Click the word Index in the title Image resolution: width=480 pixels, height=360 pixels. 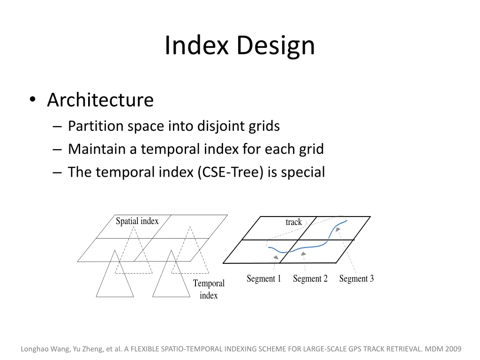(197, 46)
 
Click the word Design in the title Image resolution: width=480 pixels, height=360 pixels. (275, 46)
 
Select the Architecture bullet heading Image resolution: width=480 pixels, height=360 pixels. (100, 100)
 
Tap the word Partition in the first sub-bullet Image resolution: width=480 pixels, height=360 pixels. (96, 126)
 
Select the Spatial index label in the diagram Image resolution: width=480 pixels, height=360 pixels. (137, 221)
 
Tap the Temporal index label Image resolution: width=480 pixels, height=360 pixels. (209, 289)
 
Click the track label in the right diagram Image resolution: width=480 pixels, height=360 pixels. (294, 222)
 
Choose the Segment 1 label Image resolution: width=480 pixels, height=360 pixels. (264, 278)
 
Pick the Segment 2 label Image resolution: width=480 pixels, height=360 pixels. (310, 278)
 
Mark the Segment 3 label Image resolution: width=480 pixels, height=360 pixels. (356, 278)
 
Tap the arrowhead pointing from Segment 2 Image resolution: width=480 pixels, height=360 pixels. (304, 254)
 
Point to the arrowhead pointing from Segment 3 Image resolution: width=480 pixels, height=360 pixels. (338, 230)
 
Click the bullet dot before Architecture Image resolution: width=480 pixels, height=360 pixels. (32, 100)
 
